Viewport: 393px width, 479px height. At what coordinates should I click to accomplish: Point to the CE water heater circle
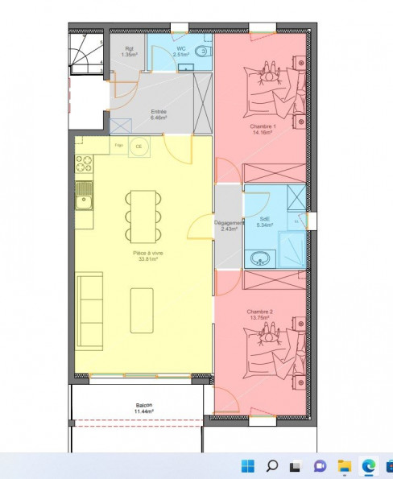click(139, 146)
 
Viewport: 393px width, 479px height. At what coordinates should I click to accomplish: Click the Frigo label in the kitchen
click(118, 145)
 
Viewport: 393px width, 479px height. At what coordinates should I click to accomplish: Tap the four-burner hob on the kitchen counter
click(84, 164)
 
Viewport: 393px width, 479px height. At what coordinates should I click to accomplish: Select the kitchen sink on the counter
click(84, 196)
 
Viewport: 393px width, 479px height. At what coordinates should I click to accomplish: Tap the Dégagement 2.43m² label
click(228, 225)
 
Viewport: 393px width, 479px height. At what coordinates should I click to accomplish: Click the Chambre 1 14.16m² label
click(261, 130)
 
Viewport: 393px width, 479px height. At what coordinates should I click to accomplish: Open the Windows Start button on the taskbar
click(247, 465)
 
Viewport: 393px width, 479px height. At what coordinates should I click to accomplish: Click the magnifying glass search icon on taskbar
click(271, 465)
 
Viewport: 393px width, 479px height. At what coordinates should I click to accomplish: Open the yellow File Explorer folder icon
click(344, 465)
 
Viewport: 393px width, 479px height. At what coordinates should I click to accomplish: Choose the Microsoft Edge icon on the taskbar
click(368, 465)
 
